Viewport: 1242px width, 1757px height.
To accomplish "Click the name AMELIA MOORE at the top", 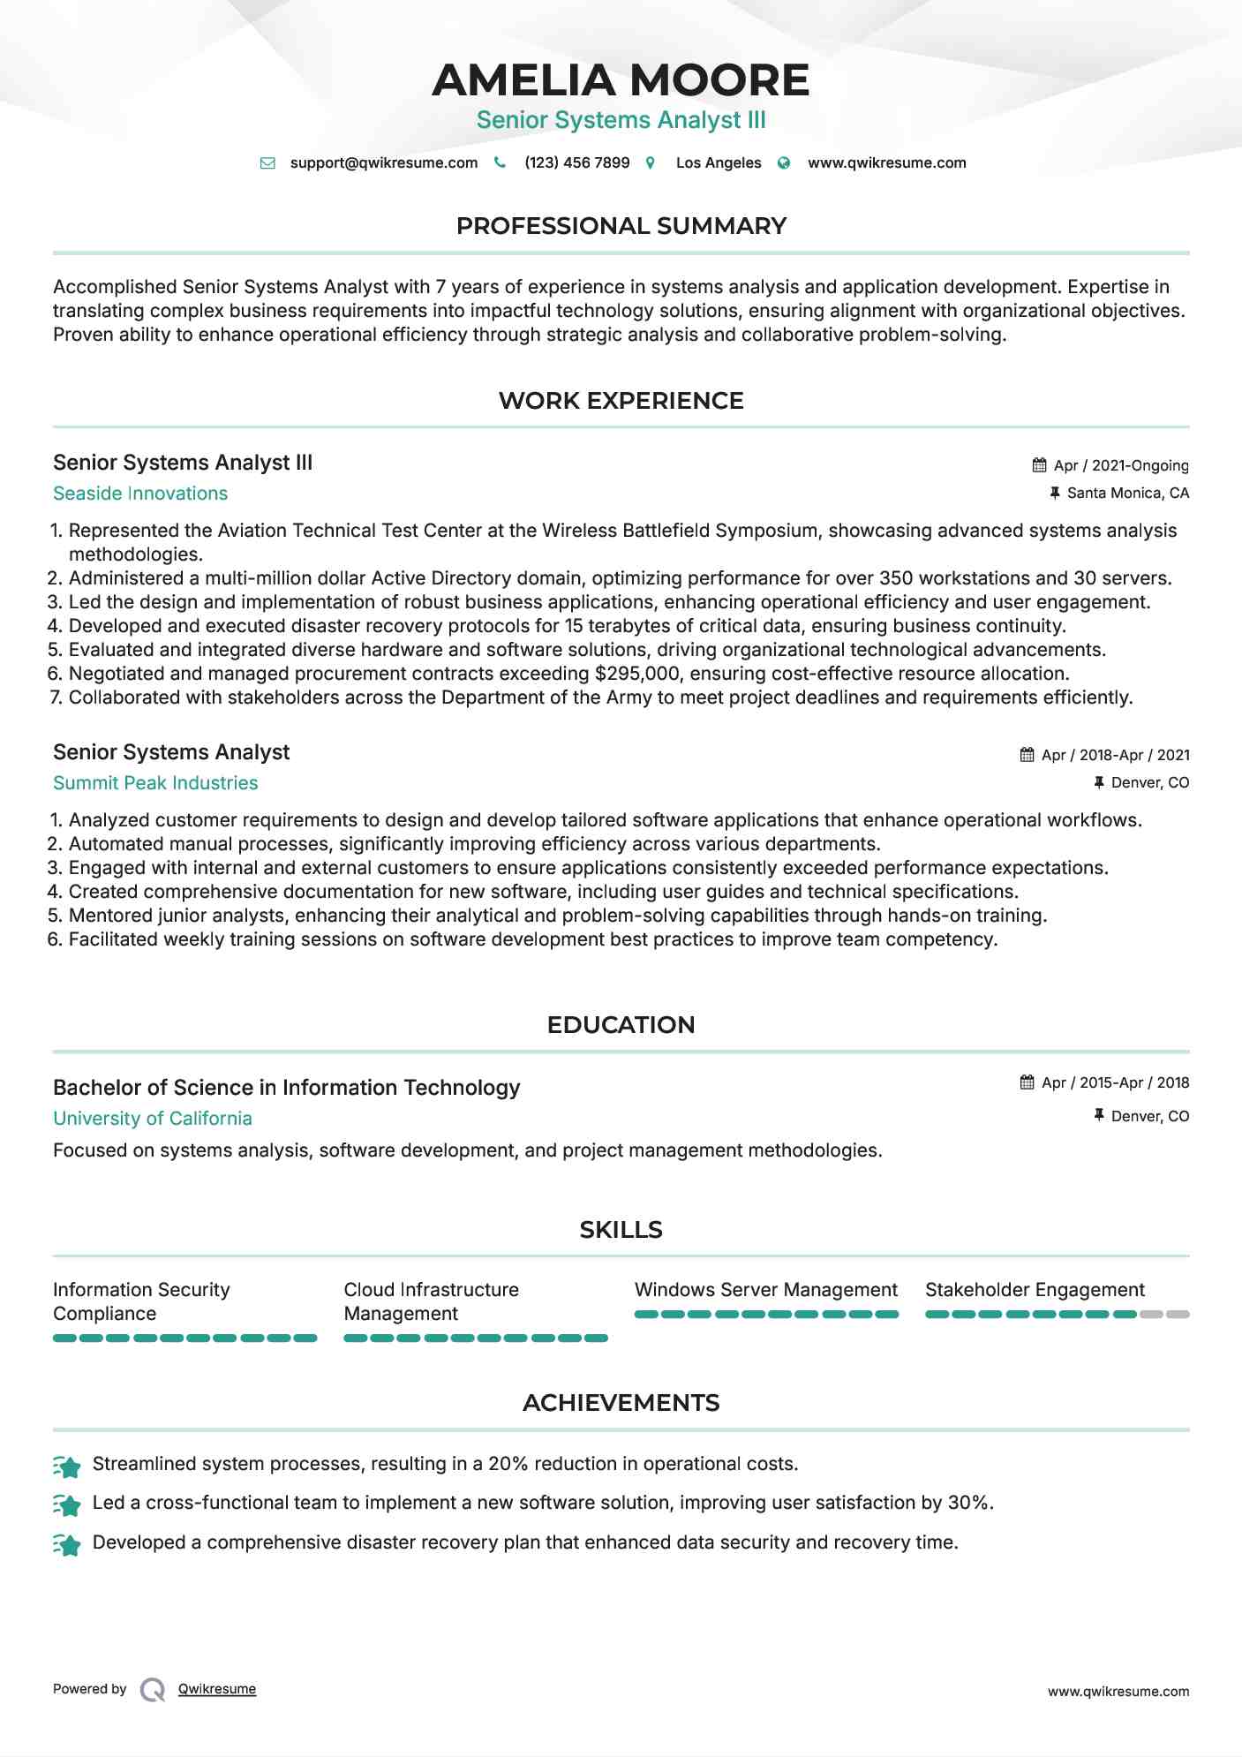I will click(621, 80).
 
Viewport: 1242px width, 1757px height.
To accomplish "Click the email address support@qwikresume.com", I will click(383, 162).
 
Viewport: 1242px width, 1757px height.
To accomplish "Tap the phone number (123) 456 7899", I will click(576, 162).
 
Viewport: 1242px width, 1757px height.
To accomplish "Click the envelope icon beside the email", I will click(267, 163).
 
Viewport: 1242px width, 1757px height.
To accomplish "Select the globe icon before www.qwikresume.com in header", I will click(784, 163).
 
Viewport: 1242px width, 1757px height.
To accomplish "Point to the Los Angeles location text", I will click(718, 162).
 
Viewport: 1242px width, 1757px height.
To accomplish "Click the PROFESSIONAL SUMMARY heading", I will click(621, 226).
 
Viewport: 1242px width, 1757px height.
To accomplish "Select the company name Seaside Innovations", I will click(140, 494).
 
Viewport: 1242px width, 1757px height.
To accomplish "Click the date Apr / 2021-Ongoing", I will click(1121, 465).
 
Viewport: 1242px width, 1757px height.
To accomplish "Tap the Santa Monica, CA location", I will click(1127, 493).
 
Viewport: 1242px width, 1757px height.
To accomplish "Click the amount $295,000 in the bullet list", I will click(636, 674).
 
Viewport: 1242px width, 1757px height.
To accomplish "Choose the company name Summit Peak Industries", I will click(155, 783).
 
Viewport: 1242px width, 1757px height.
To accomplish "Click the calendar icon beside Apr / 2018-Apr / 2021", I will click(1027, 755).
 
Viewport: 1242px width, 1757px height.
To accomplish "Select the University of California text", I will click(153, 1119).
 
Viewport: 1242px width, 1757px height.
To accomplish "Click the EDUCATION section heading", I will click(621, 1025).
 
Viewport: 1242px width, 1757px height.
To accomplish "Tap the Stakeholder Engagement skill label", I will click(1035, 1290).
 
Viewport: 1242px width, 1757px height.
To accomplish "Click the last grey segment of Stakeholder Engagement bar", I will click(1178, 1315).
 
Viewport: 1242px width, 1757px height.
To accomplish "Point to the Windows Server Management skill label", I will click(765, 1290).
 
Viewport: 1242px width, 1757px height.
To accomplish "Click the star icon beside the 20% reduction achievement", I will click(67, 1467).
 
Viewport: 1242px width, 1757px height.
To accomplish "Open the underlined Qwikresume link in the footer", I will click(217, 1689).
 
